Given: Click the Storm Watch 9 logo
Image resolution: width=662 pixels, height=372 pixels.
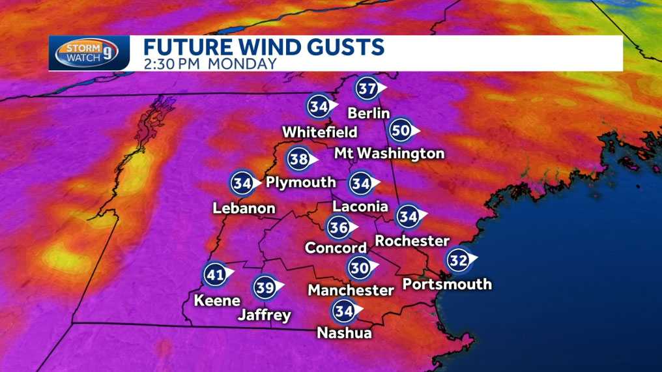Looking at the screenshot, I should tap(84, 53).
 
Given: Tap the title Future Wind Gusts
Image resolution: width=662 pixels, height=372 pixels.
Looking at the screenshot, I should tap(263, 48).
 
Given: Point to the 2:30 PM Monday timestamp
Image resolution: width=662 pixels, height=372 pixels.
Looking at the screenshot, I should tap(210, 64).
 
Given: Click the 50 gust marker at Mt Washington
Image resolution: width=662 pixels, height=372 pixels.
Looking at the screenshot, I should tap(401, 131).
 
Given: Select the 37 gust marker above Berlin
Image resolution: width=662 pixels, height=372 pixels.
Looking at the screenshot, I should tap(367, 88).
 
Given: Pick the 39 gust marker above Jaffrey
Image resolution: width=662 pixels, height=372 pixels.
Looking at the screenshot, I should tap(265, 287).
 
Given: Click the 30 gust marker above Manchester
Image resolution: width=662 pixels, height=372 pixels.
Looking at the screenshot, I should tap(359, 267).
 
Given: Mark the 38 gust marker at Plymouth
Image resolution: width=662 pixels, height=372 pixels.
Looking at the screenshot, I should tap(298, 159).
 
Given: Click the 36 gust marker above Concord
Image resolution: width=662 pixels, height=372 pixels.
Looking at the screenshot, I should tap(338, 228).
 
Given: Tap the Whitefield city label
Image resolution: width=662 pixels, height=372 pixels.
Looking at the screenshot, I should tap(319, 132).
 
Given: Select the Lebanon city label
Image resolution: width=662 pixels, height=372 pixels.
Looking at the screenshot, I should tap(244, 208).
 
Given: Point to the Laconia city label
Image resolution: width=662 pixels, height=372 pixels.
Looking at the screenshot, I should tap(360, 207).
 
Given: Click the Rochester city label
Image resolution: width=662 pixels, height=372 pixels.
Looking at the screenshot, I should tap(412, 240).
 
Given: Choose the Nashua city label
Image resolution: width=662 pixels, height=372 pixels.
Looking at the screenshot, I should tap(344, 333).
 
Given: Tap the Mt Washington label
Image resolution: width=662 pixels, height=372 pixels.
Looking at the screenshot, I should tap(389, 154).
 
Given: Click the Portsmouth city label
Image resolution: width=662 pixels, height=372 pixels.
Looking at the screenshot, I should tap(447, 284).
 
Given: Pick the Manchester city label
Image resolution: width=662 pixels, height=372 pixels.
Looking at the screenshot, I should tap(351, 289).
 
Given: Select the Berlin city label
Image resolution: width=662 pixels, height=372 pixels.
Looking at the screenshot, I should tap(368, 113).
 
